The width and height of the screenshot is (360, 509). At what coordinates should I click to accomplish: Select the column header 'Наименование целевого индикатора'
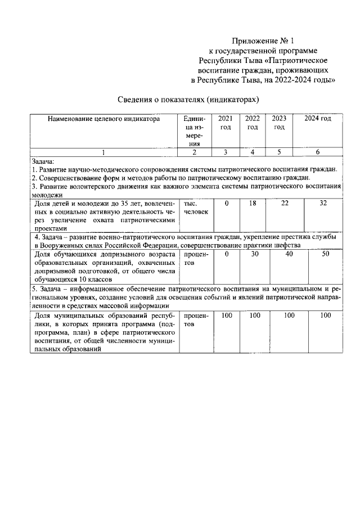pos(103,119)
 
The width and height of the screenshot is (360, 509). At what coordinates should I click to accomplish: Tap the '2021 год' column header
pos(225,123)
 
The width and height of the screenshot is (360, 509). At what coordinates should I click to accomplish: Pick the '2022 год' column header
pos(253,123)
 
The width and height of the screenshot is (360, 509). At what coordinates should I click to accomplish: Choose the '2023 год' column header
pos(279,123)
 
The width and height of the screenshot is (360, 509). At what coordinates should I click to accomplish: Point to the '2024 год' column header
pos(318,119)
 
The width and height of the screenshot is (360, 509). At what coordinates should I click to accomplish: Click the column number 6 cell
pos(318,152)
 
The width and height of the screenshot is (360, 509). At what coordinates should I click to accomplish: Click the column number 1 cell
pos(103,152)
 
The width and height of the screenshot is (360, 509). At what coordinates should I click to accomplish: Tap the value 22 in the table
pos(287,203)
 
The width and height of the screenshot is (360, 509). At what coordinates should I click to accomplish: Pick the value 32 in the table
pos(323,203)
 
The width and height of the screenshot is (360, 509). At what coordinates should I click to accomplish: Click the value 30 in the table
pos(254,254)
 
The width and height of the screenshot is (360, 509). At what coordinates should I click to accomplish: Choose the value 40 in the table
pos(289,254)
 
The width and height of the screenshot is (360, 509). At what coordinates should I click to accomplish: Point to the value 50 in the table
pos(326,254)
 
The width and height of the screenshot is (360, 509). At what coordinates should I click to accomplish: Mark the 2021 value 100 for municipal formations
pos(227,316)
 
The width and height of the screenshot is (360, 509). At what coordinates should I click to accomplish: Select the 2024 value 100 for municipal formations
pos(326,316)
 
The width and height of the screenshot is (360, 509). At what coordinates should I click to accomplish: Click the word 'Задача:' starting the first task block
pos(43,161)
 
